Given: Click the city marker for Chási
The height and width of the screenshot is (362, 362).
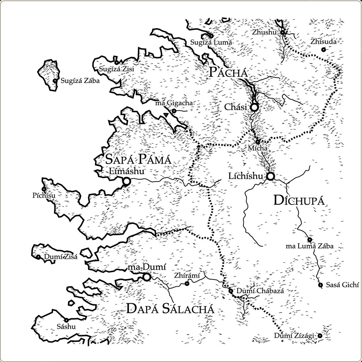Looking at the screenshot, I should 254,107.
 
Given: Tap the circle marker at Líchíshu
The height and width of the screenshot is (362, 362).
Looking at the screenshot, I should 270,176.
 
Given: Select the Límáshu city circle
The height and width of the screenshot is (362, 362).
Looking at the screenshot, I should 126,181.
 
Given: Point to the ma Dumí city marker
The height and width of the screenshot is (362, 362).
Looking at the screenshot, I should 147,277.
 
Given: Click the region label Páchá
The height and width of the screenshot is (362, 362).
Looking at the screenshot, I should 228,73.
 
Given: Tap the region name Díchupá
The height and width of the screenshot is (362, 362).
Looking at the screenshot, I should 299,201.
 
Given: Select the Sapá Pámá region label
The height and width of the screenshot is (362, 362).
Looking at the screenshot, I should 138,159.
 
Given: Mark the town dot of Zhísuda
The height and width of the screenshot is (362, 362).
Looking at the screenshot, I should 323,49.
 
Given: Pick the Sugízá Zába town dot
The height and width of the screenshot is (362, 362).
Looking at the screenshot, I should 55,81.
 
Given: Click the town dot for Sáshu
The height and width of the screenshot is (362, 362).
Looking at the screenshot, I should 66,320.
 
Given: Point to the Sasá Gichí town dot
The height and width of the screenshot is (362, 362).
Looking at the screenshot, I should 320,285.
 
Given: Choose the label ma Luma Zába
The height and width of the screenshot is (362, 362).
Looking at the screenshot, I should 310,246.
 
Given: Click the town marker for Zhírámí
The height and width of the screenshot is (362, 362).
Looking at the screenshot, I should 187,284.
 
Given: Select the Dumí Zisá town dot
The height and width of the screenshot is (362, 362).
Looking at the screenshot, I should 38,257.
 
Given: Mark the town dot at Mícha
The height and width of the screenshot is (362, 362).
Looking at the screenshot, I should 258,141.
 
